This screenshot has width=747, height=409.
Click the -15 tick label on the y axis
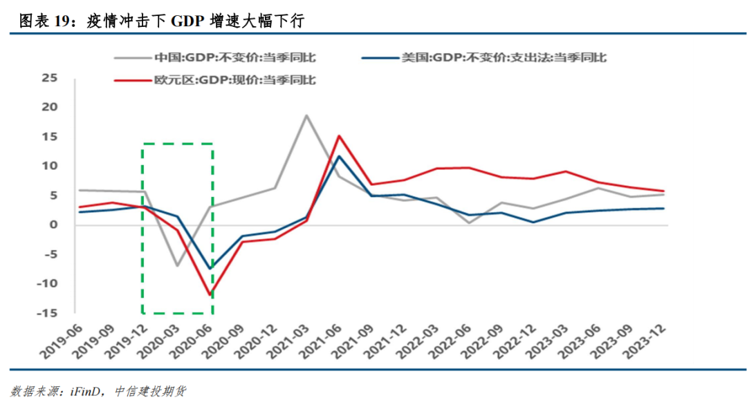(47, 313)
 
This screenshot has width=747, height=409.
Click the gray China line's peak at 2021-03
(306, 115)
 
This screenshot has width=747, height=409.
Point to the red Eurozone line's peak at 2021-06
(339, 135)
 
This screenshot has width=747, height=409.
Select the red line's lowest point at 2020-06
(209, 295)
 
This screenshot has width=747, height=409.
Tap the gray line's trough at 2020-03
(177, 266)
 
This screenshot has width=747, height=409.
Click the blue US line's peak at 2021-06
(339, 156)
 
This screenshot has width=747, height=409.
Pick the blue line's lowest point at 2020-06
(210, 269)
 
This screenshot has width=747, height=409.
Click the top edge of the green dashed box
(177, 144)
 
